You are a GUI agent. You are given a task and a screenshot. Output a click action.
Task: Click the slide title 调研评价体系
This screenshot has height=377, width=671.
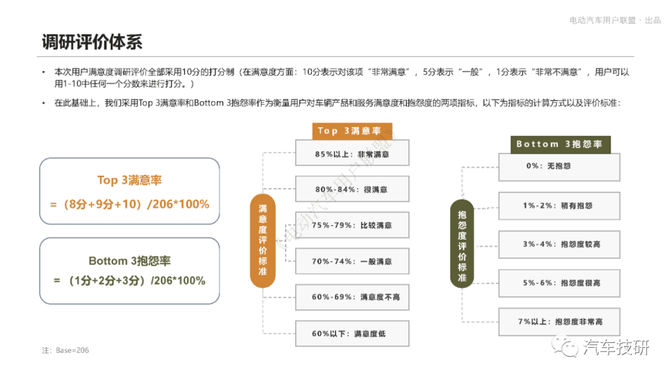click(x=92, y=42)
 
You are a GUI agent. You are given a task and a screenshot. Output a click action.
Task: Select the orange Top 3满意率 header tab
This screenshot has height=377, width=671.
click(x=352, y=131)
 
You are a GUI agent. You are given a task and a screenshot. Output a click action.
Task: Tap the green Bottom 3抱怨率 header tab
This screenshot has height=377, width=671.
click(x=560, y=145)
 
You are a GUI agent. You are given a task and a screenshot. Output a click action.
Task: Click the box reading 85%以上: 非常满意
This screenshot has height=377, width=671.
click(x=352, y=153)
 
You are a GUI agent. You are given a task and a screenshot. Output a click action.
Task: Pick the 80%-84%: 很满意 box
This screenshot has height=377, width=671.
click(x=352, y=189)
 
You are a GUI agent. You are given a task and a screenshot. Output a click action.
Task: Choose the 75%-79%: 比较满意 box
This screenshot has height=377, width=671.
click(x=352, y=225)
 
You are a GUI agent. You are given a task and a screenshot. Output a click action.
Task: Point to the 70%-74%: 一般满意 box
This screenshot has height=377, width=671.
click(x=352, y=261)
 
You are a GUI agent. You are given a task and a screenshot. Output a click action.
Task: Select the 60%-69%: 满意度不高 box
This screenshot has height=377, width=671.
click(x=352, y=297)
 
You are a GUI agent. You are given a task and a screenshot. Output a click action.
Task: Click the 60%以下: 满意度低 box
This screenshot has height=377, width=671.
click(x=352, y=334)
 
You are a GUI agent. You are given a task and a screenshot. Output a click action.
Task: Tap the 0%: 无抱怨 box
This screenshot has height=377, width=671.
click(x=559, y=167)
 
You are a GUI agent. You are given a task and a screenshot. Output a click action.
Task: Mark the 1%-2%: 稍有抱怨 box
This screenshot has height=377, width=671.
click(x=559, y=206)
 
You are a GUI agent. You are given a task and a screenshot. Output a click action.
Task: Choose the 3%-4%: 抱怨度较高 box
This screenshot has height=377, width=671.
click(x=559, y=244)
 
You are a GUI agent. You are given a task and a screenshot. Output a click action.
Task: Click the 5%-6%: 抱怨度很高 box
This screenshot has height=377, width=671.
click(x=559, y=283)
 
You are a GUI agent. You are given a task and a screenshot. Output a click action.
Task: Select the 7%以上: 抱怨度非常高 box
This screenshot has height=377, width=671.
click(x=559, y=322)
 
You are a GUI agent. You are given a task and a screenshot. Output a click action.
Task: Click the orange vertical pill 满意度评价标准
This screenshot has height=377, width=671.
click(x=263, y=240)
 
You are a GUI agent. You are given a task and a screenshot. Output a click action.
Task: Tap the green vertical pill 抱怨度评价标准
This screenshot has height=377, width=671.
click(x=462, y=243)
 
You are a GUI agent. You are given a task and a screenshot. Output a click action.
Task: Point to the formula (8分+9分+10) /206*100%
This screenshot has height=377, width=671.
click(x=130, y=204)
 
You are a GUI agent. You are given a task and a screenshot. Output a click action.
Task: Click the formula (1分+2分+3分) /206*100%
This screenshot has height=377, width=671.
click(x=130, y=281)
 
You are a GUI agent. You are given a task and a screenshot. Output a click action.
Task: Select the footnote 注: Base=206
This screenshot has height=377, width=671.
click(x=65, y=350)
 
